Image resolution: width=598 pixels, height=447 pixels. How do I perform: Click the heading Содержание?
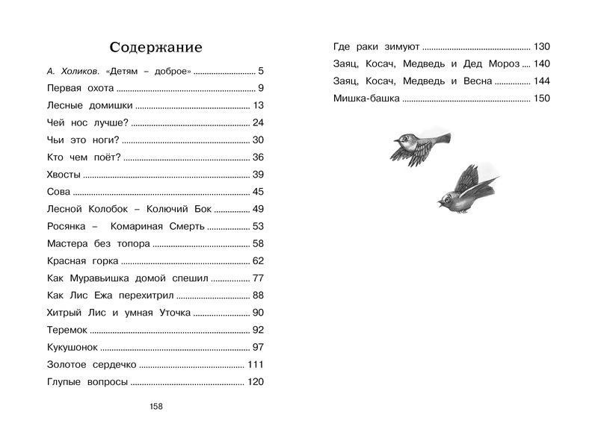coord(155,47)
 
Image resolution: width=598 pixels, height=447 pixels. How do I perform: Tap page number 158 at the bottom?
coord(155,406)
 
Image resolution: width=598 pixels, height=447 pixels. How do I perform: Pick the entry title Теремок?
coord(67,330)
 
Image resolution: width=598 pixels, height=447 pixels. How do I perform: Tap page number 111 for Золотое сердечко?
coord(256,364)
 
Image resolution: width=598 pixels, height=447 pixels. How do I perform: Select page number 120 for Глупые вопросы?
coord(256,381)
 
